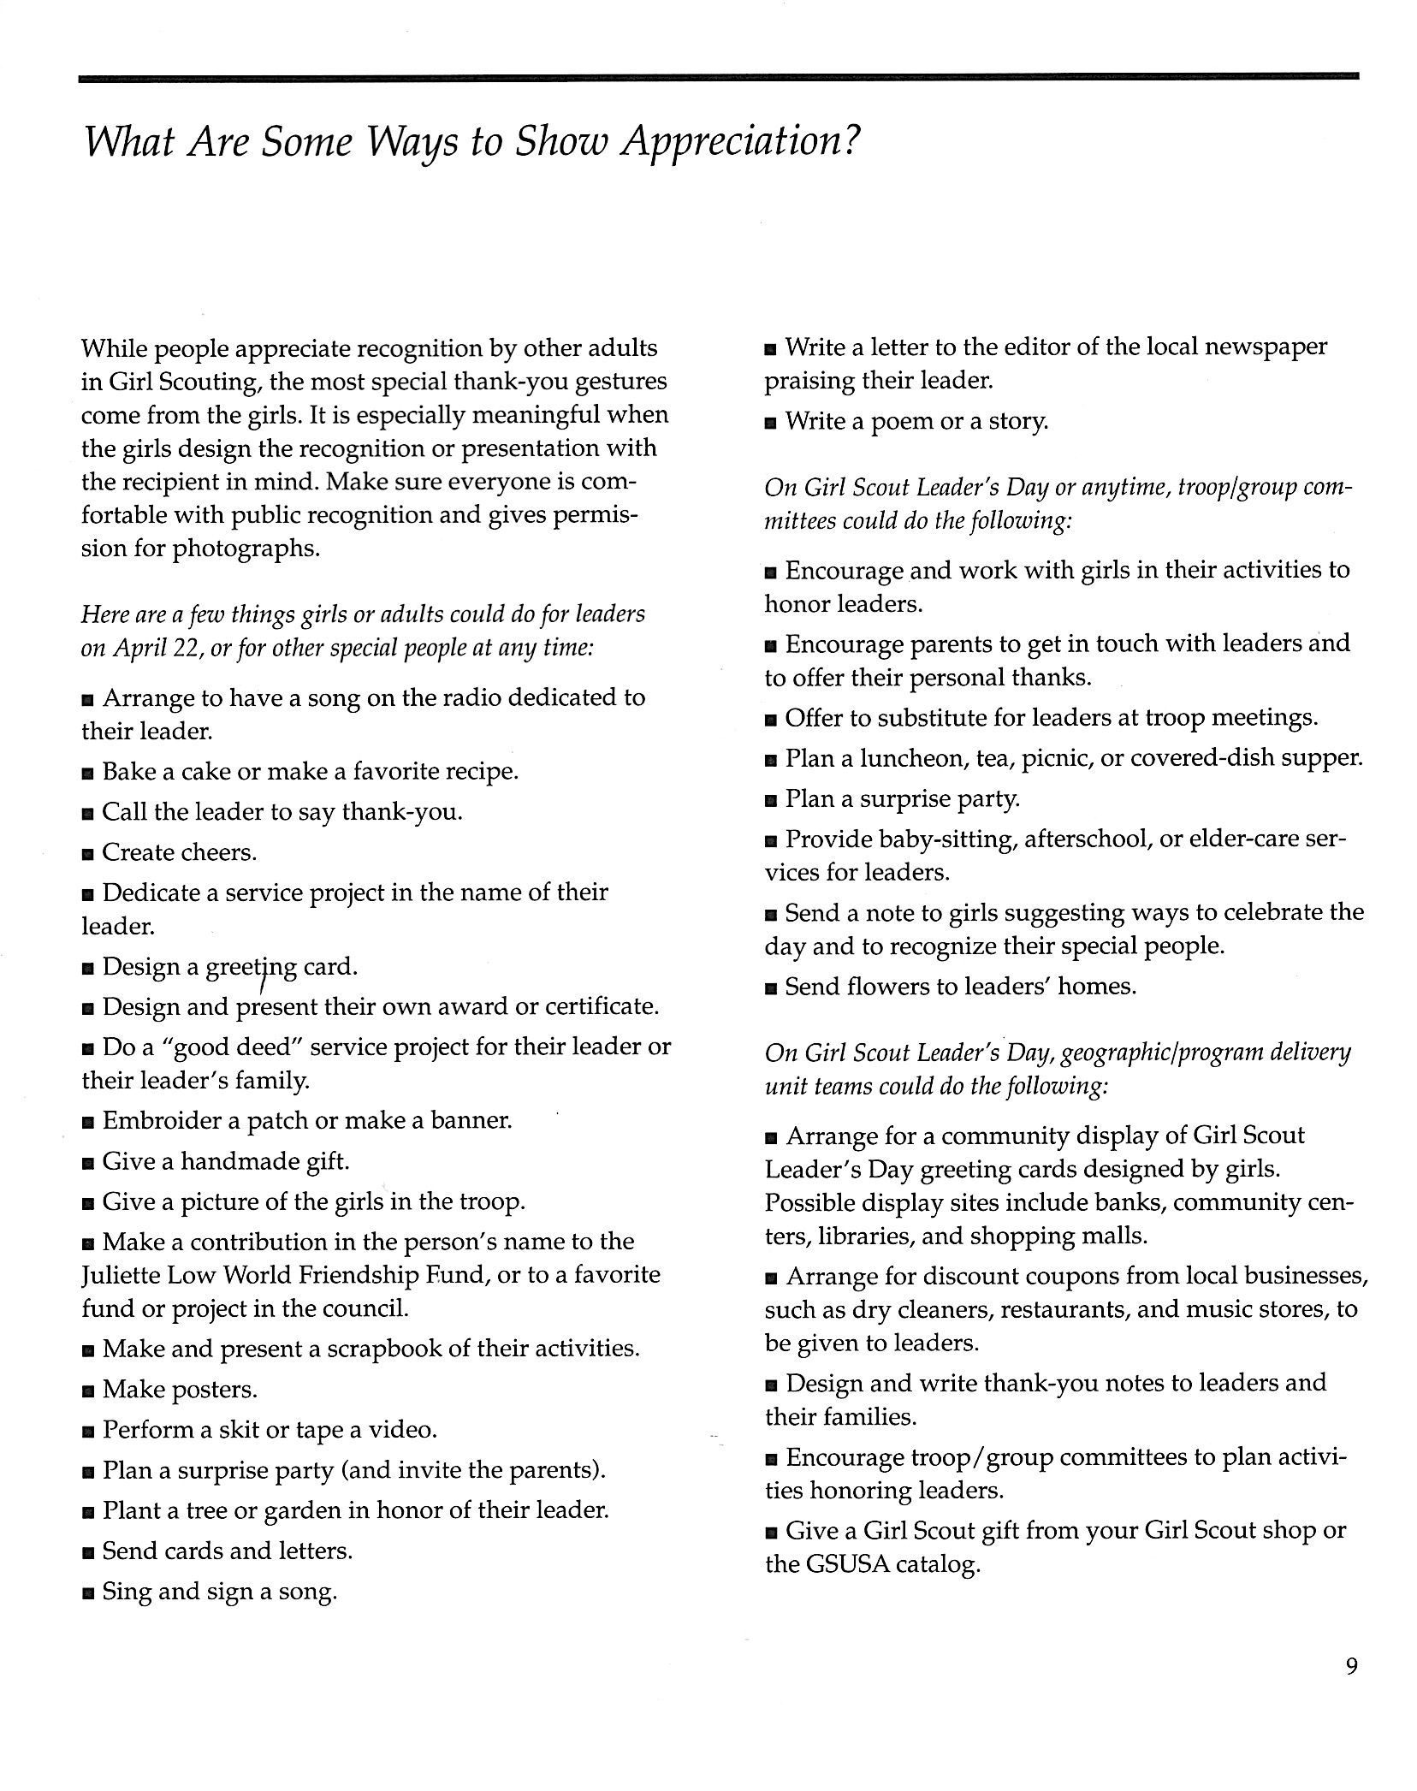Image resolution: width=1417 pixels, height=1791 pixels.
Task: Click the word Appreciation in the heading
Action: pos(738,141)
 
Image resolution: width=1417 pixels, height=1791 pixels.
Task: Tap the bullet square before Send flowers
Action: pos(771,988)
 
